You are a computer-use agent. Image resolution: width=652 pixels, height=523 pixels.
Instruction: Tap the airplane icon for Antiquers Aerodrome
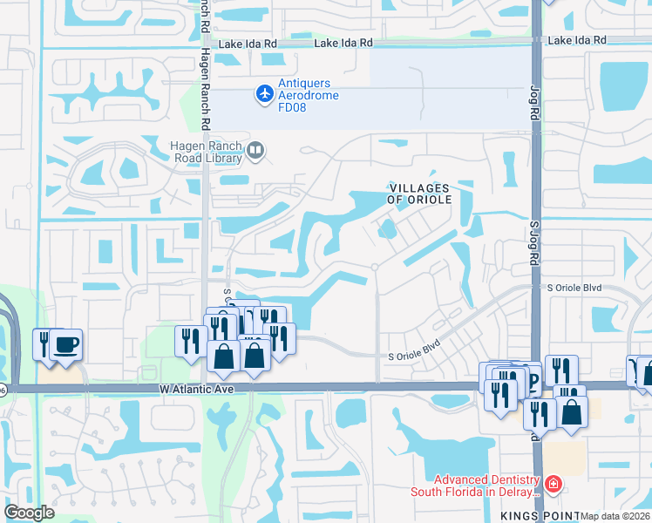tap(264, 91)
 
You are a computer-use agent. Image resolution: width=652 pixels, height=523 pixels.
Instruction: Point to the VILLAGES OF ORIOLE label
tap(419, 194)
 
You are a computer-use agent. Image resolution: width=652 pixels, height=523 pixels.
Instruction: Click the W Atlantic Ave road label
tap(196, 389)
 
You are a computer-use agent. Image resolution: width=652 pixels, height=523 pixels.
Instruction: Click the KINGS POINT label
tap(535, 515)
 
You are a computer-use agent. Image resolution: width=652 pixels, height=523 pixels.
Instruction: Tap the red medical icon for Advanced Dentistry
tap(552, 484)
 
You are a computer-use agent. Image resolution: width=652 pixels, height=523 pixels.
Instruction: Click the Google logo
tap(29, 513)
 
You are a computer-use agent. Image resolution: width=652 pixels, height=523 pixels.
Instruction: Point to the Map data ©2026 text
tap(615, 516)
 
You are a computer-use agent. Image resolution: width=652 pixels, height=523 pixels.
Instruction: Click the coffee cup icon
tap(66, 343)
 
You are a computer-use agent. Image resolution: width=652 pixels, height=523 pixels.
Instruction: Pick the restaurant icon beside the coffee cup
tap(44, 343)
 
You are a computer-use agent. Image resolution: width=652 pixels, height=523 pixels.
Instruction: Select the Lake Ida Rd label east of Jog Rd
tap(577, 40)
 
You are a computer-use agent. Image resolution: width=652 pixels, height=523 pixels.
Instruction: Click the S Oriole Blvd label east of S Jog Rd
tap(574, 287)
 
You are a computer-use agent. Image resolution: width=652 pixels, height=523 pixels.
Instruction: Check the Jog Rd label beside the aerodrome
tap(535, 103)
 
